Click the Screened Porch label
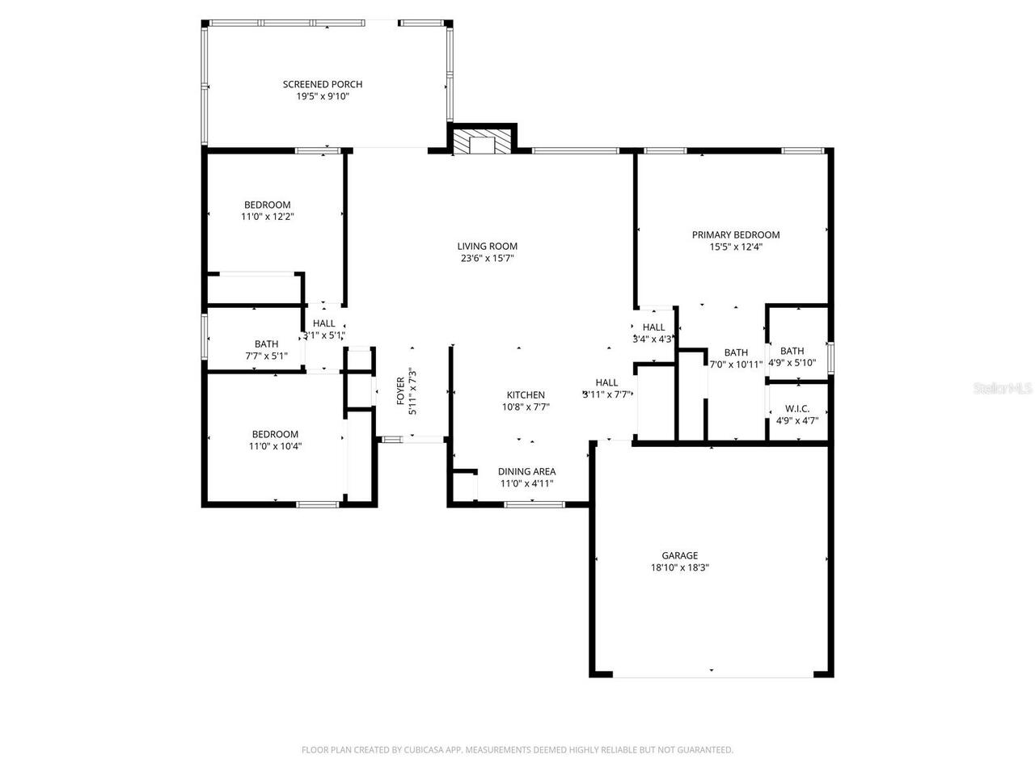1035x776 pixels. click(323, 84)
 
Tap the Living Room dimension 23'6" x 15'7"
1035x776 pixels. click(488, 259)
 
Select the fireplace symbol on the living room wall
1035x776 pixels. click(483, 144)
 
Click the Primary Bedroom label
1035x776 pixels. click(736, 235)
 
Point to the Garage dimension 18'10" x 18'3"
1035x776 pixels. click(680, 567)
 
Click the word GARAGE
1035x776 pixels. click(680, 555)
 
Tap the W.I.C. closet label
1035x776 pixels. click(792, 409)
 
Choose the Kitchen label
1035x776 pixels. click(526, 395)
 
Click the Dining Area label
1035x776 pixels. click(526, 472)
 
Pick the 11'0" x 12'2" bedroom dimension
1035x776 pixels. click(268, 217)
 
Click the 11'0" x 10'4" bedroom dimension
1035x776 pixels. click(275, 446)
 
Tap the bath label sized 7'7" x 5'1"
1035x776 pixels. click(266, 344)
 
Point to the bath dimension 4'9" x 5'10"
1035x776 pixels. click(792, 363)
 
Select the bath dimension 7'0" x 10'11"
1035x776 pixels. click(736, 365)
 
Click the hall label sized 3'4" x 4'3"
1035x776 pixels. click(653, 327)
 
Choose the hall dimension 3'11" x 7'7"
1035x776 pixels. click(606, 394)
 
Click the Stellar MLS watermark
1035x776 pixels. click(1003, 389)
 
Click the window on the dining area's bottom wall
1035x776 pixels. click(534, 504)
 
